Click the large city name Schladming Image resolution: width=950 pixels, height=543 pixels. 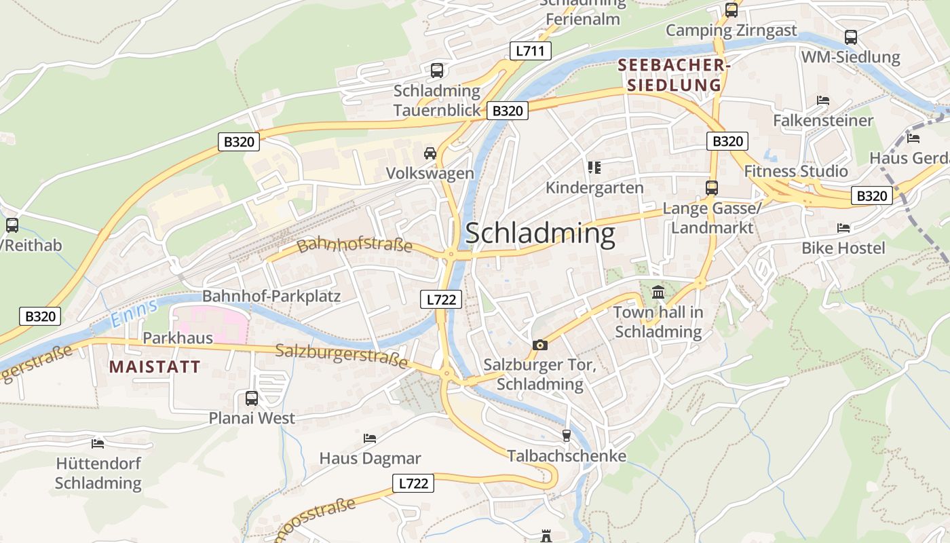540,233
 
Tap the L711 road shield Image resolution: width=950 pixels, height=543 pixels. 530,50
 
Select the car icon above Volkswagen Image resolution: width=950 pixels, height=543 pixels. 430,153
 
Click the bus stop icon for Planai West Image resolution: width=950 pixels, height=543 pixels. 252,398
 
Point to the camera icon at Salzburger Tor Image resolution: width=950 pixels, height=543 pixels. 539,345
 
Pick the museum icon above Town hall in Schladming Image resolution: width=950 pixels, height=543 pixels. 658,293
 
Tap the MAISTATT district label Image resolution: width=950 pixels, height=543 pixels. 155,367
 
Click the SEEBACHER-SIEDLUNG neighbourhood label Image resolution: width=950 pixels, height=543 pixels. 673,75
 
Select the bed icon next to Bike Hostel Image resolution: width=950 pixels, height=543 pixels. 843,228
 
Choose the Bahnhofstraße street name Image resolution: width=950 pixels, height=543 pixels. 354,244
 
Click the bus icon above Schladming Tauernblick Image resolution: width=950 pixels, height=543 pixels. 437,70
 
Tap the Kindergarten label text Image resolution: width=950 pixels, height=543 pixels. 594,187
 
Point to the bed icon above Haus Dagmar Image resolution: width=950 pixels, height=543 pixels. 370,438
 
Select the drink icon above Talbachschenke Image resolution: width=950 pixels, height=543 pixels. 566,435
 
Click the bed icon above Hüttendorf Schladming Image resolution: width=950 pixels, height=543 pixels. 98,444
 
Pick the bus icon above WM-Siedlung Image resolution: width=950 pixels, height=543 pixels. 850,37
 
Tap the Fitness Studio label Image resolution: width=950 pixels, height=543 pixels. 796,171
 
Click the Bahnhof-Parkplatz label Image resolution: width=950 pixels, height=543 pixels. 271,296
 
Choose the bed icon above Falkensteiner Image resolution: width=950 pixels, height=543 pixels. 823,100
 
